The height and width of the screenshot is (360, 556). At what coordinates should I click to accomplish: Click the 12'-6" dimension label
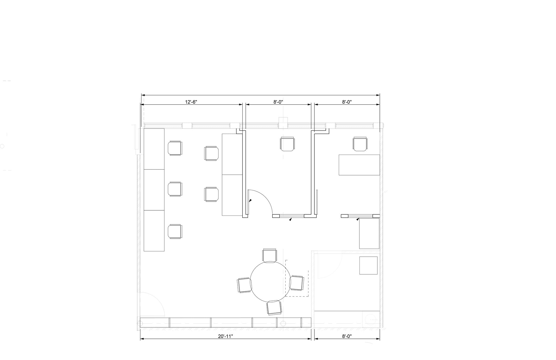[191, 102]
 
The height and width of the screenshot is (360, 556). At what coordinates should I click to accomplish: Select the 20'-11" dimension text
[226, 336]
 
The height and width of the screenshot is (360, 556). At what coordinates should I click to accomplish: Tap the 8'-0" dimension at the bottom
[347, 336]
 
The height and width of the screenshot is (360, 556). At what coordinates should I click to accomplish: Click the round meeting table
[268, 282]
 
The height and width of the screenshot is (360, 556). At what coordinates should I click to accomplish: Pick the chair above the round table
[270, 255]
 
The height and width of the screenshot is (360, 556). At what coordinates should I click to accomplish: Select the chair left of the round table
[244, 285]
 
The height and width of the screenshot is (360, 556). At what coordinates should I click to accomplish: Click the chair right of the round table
[296, 283]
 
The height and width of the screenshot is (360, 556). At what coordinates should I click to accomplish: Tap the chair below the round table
[274, 308]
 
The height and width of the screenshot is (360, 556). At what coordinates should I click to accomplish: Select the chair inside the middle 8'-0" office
[287, 144]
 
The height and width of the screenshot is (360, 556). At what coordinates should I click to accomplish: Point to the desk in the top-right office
[359, 165]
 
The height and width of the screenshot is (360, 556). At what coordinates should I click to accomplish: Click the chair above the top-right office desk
[360, 144]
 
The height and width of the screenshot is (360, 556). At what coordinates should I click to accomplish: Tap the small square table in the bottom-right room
[368, 265]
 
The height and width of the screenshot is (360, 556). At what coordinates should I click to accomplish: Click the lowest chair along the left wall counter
[175, 231]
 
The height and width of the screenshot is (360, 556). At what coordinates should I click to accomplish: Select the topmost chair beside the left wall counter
[175, 148]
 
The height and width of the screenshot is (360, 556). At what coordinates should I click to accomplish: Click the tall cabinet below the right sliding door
[369, 234]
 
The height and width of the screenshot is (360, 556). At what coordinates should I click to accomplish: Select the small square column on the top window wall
[283, 123]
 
